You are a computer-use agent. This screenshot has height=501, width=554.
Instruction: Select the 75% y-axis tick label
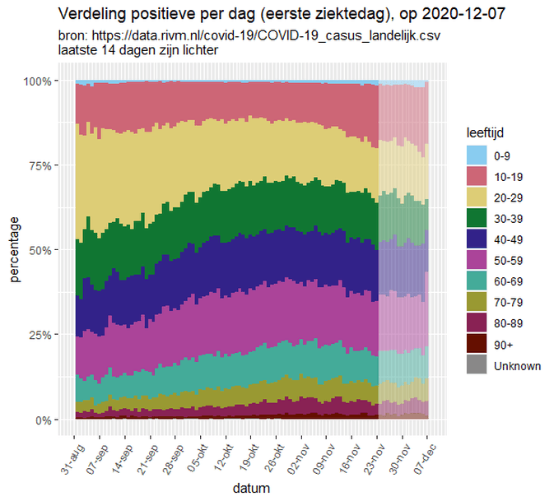42,165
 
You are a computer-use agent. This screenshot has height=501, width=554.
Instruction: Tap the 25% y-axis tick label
42,335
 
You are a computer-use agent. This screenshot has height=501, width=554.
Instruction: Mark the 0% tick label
45,420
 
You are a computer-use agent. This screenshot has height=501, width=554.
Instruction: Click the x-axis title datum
250,488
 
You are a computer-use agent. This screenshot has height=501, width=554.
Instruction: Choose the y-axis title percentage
16,250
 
